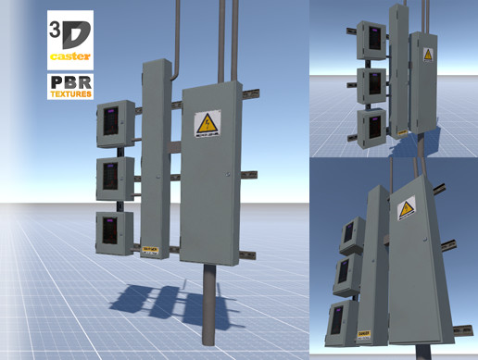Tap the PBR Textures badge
[69, 87]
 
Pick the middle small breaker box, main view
[115, 178]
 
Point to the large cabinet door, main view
[210, 185]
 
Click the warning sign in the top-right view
[427, 56]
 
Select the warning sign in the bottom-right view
[405, 210]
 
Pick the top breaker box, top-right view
[372, 40]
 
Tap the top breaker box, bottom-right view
[351, 234]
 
